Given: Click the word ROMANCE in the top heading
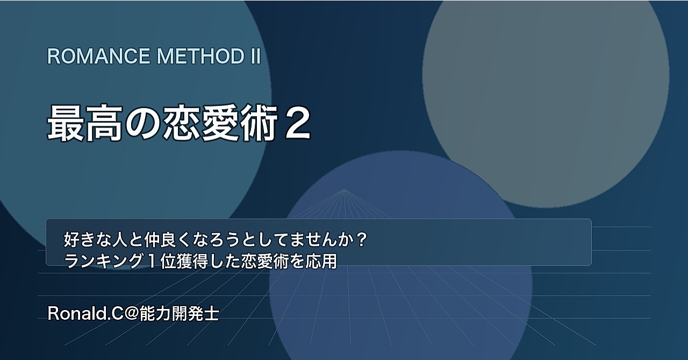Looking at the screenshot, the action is (98, 56).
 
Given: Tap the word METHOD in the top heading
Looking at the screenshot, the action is (201, 56).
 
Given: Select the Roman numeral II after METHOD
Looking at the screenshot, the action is (255, 56).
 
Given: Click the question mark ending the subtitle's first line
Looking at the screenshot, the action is (362, 240).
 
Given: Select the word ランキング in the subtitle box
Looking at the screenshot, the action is (104, 261).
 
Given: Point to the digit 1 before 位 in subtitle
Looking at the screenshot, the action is (152, 261).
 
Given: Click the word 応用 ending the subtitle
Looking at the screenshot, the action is (321, 261).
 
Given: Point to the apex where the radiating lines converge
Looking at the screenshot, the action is (344, 189).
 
